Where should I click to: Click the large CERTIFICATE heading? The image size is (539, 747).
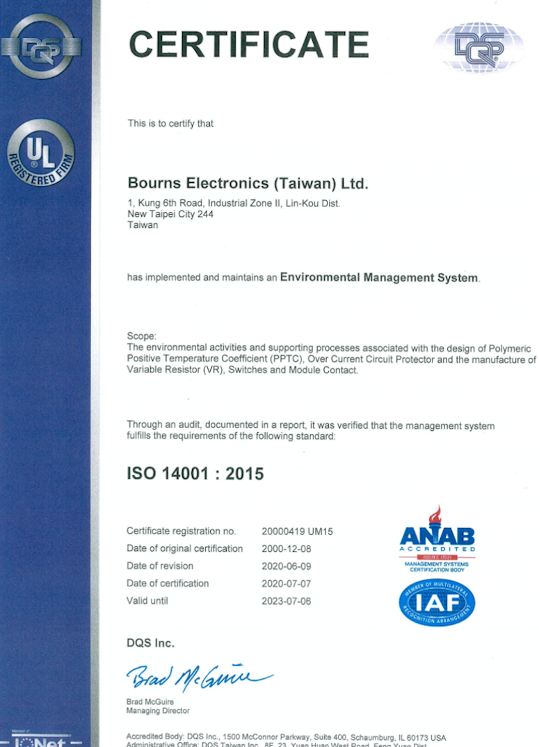[248, 44]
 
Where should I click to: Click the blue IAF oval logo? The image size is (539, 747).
[437, 602]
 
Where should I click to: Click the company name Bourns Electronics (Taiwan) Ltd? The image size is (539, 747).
[248, 183]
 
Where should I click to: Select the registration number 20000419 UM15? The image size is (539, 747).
[298, 532]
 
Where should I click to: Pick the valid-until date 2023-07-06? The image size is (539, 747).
[286, 601]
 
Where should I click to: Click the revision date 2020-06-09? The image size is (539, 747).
[286, 566]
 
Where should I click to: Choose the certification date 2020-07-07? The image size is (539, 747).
[286, 584]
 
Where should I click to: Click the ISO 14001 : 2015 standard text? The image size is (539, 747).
[195, 475]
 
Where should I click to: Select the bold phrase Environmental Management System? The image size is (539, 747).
[379, 277]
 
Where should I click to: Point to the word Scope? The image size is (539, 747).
[142, 336]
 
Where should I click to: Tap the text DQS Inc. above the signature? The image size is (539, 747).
[150, 643]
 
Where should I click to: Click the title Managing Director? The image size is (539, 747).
[157, 711]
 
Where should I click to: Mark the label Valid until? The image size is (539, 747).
[147, 600]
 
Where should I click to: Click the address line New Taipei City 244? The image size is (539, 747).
[170, 214]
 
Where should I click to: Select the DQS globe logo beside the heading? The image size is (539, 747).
[478, 47]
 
